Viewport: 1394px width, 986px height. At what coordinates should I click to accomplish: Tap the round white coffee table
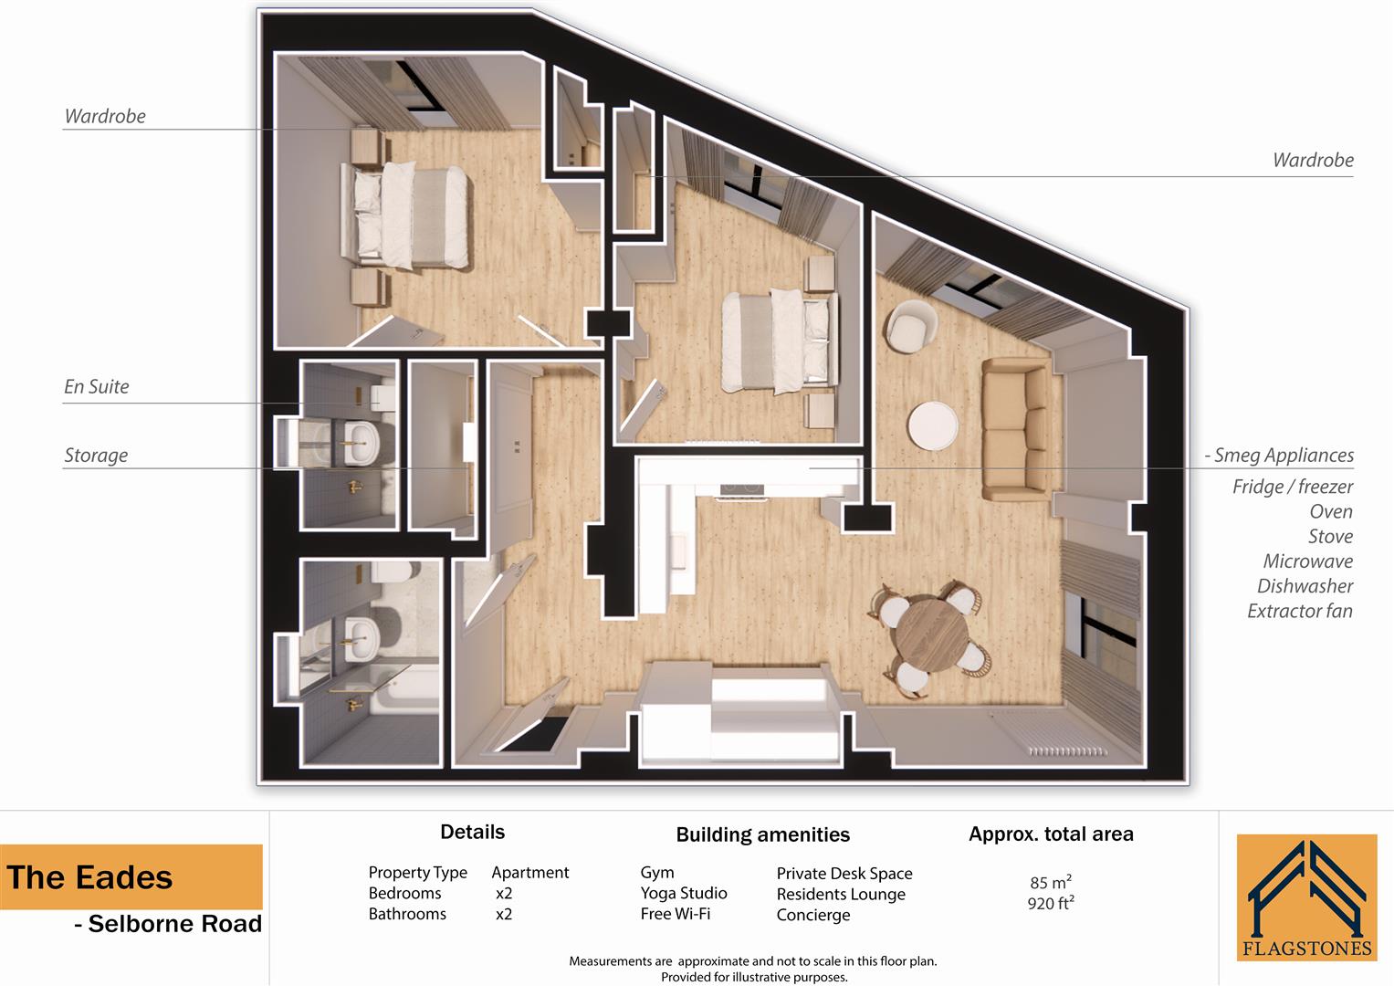pyautogui.click(x=933, y=425)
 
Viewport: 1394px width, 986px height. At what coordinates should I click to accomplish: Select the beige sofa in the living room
pyautogui.click(x=1014, y=431)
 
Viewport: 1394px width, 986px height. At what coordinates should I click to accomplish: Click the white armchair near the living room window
pyautogui.click(x=910, y=325)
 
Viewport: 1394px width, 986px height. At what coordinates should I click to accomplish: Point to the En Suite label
pyautogui.click(x=97, y=386)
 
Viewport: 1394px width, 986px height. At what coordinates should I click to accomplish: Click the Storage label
pyautogui.click(x=96, y=455)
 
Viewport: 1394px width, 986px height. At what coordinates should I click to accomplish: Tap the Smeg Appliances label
pyautogui.click(x=1283, y=455)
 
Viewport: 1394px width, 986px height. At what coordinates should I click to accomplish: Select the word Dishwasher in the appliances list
pyautogui.click(x=1305, y=586)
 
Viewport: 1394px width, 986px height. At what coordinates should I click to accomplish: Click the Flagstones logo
pyautogui.click(x=1306, y=897)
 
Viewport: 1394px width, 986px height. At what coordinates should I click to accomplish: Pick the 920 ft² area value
pyautogui.click(x=1050, y=904)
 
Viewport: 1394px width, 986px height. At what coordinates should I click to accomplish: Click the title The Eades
pyautogui.click(x=89, y=877)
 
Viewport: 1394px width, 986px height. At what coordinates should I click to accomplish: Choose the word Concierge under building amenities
pyautogui.click(x=812, y=915)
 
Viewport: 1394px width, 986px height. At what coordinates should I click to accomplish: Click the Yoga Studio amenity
pyautogui.click(x=684, y=893)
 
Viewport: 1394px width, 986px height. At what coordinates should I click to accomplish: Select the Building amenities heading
pyautogui.click(x=762, y=834)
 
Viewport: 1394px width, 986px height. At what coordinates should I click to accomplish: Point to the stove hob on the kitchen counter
pyautogui.click(x=740, y=490)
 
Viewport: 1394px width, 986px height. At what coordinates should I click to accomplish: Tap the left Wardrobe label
pyautogui.click(x=105, y=116)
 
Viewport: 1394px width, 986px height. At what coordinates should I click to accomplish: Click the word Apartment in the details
pyautogui.click(x=529, y=873)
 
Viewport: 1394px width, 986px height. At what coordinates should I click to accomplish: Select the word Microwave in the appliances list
pyautogui.click(x=1307, y=561)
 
